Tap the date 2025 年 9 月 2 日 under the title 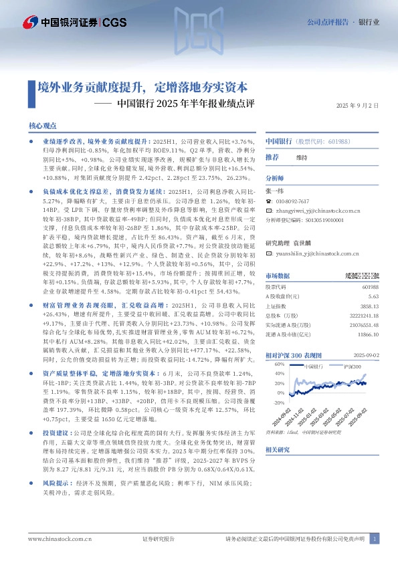pyautogui.click(x=357, y=106)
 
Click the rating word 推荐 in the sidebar pyautogui.click(x=272, y=156)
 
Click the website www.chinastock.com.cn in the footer pyautogui.click(x=56, y=538)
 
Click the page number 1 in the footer pyautogui.click(x=375, y=538)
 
